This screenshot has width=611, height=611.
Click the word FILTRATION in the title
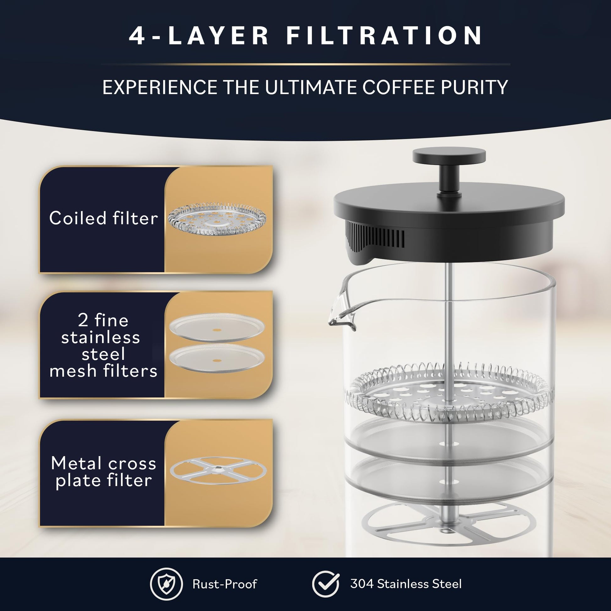[384, 36]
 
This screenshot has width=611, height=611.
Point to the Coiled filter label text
[103, 218]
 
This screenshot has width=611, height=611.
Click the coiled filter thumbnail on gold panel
[217, 219]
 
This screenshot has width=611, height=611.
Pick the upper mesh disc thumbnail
[217, 327]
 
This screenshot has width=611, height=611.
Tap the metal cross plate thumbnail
[218, 471]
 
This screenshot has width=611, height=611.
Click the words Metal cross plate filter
[103, 472]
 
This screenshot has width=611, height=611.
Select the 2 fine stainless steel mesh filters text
[103, 345]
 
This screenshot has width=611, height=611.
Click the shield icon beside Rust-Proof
[166, 584]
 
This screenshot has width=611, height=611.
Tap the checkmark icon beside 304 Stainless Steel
[325, 584]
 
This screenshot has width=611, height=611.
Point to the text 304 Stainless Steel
[406, 584]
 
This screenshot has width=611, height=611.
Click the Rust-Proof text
[225, 584]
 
